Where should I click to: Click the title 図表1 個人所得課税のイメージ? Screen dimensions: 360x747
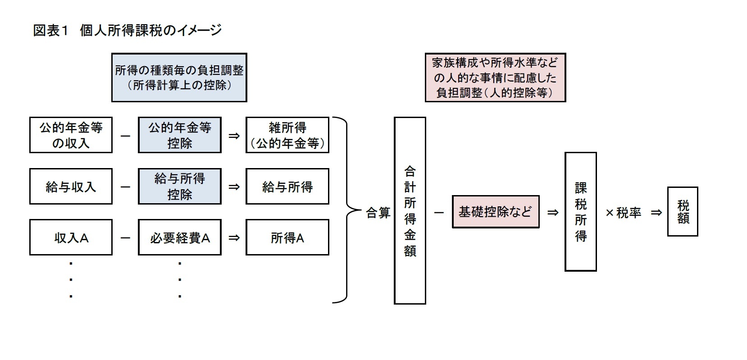coord(128,30)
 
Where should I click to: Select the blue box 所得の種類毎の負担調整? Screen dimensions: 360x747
coord(179,77)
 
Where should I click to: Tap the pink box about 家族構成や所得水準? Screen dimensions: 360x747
coord(495,77)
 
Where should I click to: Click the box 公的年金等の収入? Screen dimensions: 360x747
coord(71,135)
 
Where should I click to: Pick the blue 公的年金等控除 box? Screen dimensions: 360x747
coord(179,135)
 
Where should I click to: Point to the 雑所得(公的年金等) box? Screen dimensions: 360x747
coord(287,135)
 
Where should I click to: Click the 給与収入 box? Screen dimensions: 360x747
coord(71,187)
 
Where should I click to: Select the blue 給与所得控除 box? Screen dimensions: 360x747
coord(179,187)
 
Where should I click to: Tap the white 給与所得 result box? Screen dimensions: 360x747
coord(287,187)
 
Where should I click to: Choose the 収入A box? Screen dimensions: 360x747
coord(71,237)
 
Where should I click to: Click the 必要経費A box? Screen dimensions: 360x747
coord(179,237)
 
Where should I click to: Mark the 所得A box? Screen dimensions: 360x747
coord(287,237)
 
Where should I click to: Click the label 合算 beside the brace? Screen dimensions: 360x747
coord(378,212)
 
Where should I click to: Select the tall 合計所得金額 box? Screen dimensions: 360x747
coord(410,210)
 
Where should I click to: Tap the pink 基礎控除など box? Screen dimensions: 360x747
coord(495,211)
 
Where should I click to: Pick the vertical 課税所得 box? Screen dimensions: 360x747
coord(580,211)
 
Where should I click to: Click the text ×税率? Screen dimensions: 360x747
coord(623,212)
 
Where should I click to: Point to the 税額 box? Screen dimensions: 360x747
coord(682,211)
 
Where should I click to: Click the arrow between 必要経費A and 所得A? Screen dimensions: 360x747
coord(233,237)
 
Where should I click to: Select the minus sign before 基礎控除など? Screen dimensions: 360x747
coord(438,212)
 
